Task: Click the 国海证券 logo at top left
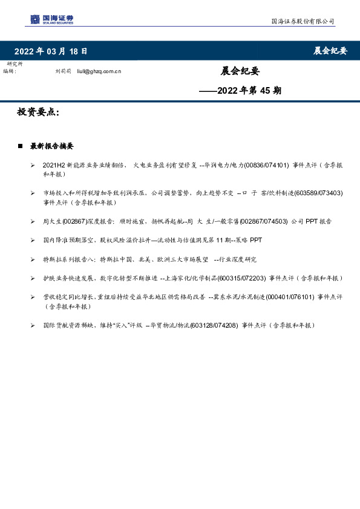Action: tap(52, 20)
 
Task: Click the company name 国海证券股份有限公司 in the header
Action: tap(302, 21)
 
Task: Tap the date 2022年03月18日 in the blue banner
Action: tap(51, 51)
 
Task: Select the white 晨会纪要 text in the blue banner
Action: tap(330, 51)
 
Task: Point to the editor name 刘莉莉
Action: tap(63, 71)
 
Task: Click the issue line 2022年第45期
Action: tap(241, 91)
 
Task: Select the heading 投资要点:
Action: tap(38, 112)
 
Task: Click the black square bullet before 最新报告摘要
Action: tap(21, 146)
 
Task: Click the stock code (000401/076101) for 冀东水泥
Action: tap(275, 297)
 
